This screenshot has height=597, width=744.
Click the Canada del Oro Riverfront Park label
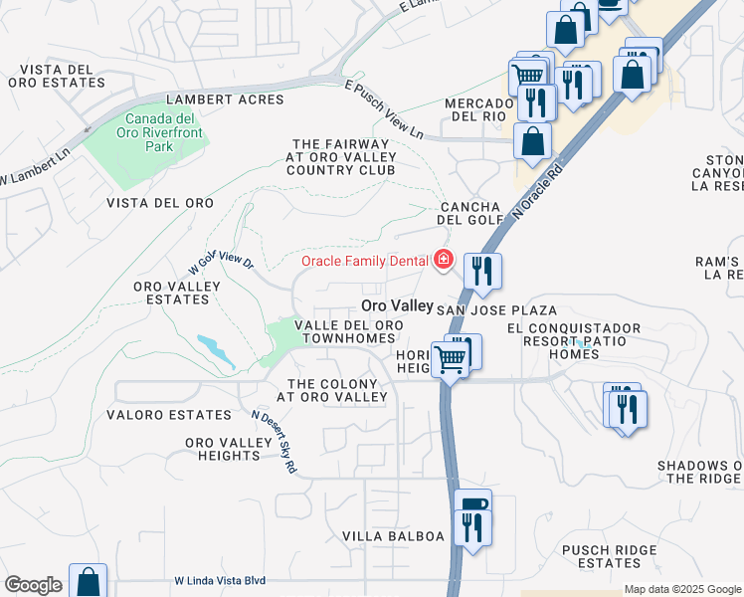coord(145,131)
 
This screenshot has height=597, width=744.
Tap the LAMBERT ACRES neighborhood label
coord(225,99)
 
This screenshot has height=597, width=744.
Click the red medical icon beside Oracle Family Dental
coord(442,261)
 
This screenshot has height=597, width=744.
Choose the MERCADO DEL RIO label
coord(477,109)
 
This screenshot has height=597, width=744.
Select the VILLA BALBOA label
coord(393,536)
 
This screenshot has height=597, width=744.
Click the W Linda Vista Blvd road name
coord(220,580)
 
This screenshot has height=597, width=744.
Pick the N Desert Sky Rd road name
coord(275,442)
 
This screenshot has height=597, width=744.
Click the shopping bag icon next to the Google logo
coord(88,580)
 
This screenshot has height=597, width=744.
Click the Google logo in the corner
coord(33,585)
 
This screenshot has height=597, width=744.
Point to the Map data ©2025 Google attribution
coord(681,589)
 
